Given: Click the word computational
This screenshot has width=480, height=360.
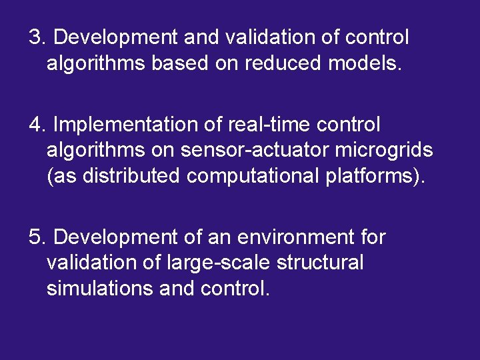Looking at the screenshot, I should [258, 177].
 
